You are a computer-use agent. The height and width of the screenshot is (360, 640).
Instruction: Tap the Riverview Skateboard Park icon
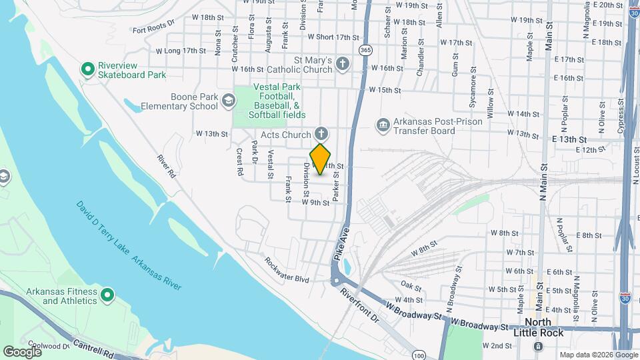tap(87, 69)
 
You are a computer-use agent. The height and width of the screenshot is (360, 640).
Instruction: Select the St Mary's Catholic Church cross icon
tap(342, 63)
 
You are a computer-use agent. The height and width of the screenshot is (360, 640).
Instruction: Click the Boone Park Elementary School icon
tap(229, 101)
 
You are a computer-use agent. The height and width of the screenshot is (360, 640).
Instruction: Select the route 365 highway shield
tap(365, 50)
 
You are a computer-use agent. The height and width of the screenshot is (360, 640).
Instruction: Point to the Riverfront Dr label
tap(359, 305)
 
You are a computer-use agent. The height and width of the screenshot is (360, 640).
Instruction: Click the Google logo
tap(22, 351)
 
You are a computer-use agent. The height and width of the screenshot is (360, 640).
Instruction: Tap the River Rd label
tap(167, 167)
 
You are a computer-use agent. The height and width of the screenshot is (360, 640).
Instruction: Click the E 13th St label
tap(569, 139)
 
